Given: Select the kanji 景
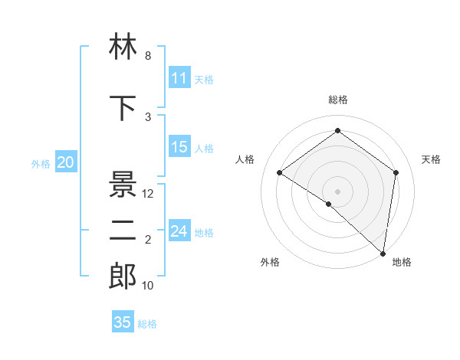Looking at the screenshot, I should click(x=123, y=185).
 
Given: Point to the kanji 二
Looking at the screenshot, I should click(x=123, y=233).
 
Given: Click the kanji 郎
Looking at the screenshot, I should click(x=123, y=277).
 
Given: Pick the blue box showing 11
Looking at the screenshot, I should click(x=179, y=79).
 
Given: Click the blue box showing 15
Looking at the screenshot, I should click(x=179, y=148).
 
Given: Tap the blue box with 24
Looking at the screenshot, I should click(x=179, y=231).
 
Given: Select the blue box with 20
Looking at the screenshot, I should click(x=66, y=162).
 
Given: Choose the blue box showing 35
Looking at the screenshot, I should click(x=123, y=322).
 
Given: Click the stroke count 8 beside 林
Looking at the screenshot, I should click(x=148, y=57).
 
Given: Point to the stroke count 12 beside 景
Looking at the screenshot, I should click(x=149, y=195).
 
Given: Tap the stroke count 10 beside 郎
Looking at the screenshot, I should click(x=149, y=286).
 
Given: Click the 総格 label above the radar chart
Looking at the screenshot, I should click(x=337, y=100).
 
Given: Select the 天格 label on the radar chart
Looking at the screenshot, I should click(x=431, y=159).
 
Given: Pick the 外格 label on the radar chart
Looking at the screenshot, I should click(x=270, y=262).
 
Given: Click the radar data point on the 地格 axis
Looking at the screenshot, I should click(x=383, y=254).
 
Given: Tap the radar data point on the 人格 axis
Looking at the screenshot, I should click(x=280, y=173).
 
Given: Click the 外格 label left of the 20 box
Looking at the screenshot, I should click(x=40, y=163).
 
